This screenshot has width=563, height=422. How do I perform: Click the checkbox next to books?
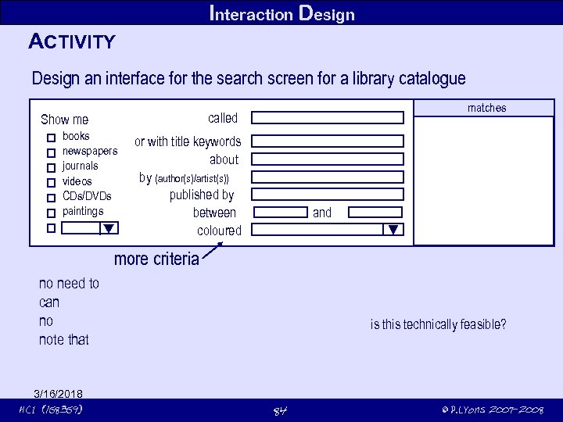[x=51, y=138]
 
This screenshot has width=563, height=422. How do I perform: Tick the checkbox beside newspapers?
[x=51, y=152]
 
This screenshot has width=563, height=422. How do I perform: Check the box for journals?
[x=51, y=167]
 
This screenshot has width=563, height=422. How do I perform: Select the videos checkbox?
[x=51, y=183]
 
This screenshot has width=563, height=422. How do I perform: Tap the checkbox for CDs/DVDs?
[x=51, y=198]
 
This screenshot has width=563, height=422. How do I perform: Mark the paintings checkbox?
[x=51, y=213]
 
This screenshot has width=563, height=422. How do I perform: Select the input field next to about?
[x=328, y=159]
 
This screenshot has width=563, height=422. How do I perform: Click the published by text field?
[x=328, y=195]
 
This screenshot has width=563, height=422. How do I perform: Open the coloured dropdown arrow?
[x=393, y=230]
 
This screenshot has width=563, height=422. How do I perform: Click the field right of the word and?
[x=375, y=213]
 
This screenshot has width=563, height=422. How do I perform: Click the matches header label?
[x=486, y=108]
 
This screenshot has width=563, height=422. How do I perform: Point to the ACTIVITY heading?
[x=72, y=41]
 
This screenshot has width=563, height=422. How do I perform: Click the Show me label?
[x=64, y=120]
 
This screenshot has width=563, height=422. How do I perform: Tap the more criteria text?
[x=156, y=259]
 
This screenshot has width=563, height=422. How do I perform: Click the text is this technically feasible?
[x=438, y=324]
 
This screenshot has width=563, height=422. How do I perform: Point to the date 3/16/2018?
[x=59, y=393]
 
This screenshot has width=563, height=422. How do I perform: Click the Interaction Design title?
[x=281, y=13]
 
